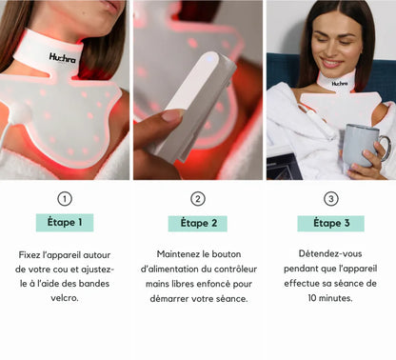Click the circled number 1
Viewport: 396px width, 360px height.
65,199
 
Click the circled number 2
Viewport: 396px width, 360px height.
198,199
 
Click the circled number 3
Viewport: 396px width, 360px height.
330,199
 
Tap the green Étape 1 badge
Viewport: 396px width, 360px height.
65,223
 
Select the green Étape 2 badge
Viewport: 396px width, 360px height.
198,223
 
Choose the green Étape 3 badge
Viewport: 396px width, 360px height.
330,223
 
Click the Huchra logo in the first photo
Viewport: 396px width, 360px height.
63,57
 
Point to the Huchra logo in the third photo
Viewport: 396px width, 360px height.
340,84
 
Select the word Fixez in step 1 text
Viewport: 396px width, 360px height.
31,255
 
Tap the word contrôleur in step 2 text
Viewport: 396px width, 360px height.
224,269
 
